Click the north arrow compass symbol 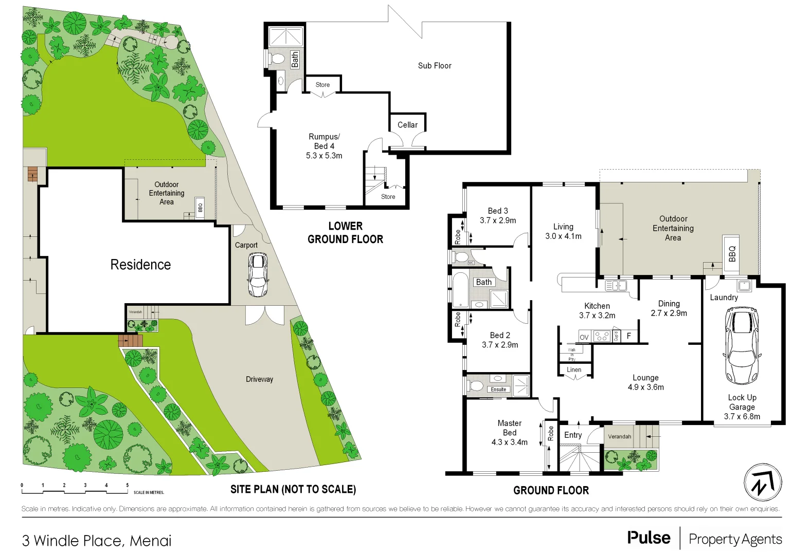coord(763,483)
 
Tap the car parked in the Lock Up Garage coord(742,345)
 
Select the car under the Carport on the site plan coord(258,274)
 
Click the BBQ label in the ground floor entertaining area coord(732,253)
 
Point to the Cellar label coord(407,125)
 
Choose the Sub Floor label coord(435,66)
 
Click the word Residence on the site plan coord(140,265)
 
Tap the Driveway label coord(259,379)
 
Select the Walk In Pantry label coord(572,355)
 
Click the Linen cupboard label coord(574,369)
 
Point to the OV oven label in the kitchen coord(584,337)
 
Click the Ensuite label coord(498,390)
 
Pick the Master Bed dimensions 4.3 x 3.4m coord(509,442)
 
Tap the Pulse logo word coord(649,538)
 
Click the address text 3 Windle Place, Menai coord(97,541)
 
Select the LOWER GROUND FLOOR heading coord(345,233)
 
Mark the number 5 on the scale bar coord(128,485)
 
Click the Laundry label coord(724,298)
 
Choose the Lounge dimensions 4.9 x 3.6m coord(645,387)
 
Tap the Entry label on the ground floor coord(573,435)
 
